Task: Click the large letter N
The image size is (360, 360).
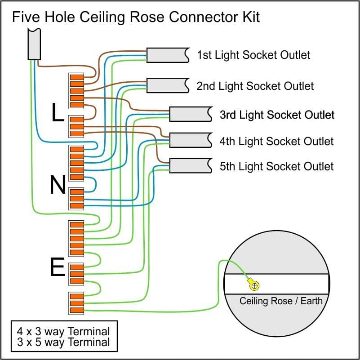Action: tap(58, 185)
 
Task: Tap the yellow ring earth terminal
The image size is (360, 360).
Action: tap(254, 284)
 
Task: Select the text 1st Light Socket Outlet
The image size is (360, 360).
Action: tap(253, 55)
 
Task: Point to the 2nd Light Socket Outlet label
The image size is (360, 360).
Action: tap(255, 86)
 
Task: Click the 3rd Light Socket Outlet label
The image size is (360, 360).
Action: tap(277, 115)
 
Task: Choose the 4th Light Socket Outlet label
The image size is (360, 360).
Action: tap(276, 142)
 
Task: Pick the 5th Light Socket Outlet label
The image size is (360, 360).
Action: tap(276, 166)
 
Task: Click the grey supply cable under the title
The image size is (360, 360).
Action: tap(35, 44)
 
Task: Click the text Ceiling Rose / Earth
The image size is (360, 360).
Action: tap(281, 301)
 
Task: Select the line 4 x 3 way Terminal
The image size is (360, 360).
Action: tap(63, 332)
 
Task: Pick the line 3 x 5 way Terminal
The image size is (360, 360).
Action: tap(63, 342)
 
